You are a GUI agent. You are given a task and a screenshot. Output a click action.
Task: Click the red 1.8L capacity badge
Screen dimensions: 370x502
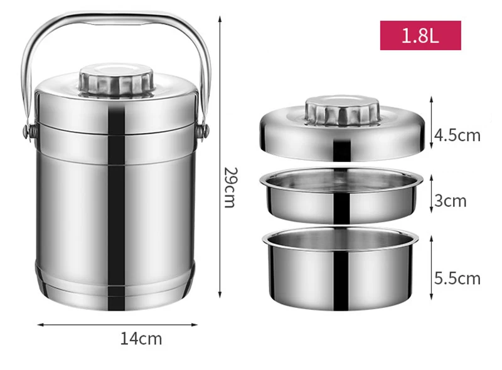(420, 35)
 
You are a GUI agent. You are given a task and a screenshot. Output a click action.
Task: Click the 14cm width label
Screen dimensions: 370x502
(141, 339)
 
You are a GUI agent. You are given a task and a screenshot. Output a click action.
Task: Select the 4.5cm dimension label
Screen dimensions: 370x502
(458, 135)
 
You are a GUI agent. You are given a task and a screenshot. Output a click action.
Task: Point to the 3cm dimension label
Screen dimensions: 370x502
(451, 201)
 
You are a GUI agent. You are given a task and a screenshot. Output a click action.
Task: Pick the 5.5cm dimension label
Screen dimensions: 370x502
(458, 278)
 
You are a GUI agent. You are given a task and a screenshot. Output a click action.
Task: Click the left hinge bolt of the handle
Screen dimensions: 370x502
(27, 132)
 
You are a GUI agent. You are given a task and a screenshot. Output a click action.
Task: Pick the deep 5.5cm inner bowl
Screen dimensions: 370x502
(341, 270)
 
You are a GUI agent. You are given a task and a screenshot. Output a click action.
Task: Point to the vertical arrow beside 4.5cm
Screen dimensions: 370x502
(432, 123)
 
